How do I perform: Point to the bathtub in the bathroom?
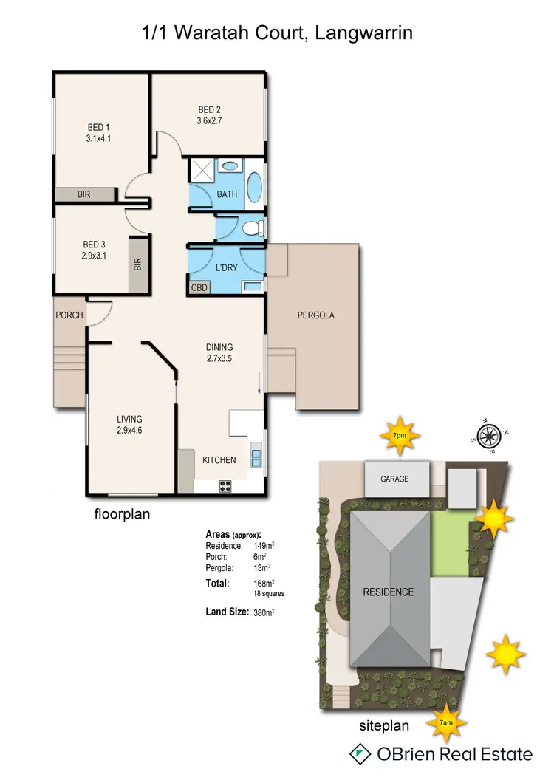pyautogui.click(x=253, y=188)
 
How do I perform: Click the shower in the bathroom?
pyautogui.click(x=202, y=171)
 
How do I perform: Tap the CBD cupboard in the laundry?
pyautogui.click(x=199, y=288)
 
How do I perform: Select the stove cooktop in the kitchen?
pyautogui.click(x=225, y=485)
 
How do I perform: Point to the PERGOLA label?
pyautogui.click(x=316, y=315)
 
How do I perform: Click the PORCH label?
pyautogui.click(x=69, y=315)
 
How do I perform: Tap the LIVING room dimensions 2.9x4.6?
pyautogui.click(x=129, y=430)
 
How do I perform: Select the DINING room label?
pyautogui.click(x=219, y=347)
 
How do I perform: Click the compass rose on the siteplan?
pyautogui.click(x=490, y=435)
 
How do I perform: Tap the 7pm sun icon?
pyautogui.click(x=399, y=436)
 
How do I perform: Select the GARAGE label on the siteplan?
pyautogui.click(x=394, y=479)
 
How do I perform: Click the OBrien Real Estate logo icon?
pyautogui.click(x=359, y=754)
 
